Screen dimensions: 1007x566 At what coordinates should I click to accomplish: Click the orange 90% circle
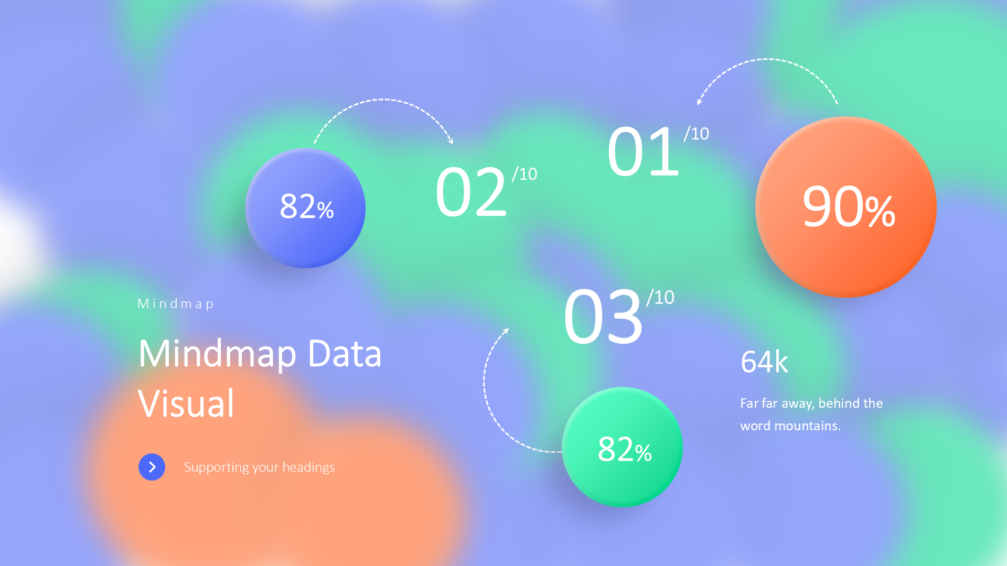tap(845, 207)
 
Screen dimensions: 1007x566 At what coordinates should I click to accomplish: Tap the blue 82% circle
tap(305, 208)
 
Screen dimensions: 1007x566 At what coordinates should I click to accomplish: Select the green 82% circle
tap(622, 447)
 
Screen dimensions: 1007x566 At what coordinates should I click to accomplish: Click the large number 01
tap(644, 151)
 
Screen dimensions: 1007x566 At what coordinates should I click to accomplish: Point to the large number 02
tap(471, 192)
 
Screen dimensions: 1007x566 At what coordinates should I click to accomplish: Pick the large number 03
tap(603, 317)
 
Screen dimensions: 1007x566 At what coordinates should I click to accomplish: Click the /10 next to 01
tap(697, 134)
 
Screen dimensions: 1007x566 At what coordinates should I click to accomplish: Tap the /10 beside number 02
tap(524, 174)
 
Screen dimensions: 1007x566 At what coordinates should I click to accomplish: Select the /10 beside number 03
tap(660, 298)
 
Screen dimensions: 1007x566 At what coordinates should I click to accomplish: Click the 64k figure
tap(764, 362)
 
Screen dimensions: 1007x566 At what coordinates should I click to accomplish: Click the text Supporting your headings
tap(259, 467)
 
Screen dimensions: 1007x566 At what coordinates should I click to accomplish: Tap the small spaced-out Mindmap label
tap(175, 304)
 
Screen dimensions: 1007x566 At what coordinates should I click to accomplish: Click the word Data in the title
tap(345, 354)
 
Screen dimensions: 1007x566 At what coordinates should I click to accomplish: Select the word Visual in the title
tap(186, 404)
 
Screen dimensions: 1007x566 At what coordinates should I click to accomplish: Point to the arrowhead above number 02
tap(450, 141)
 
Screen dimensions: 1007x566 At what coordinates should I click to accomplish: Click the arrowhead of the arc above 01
tap(699, 102)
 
